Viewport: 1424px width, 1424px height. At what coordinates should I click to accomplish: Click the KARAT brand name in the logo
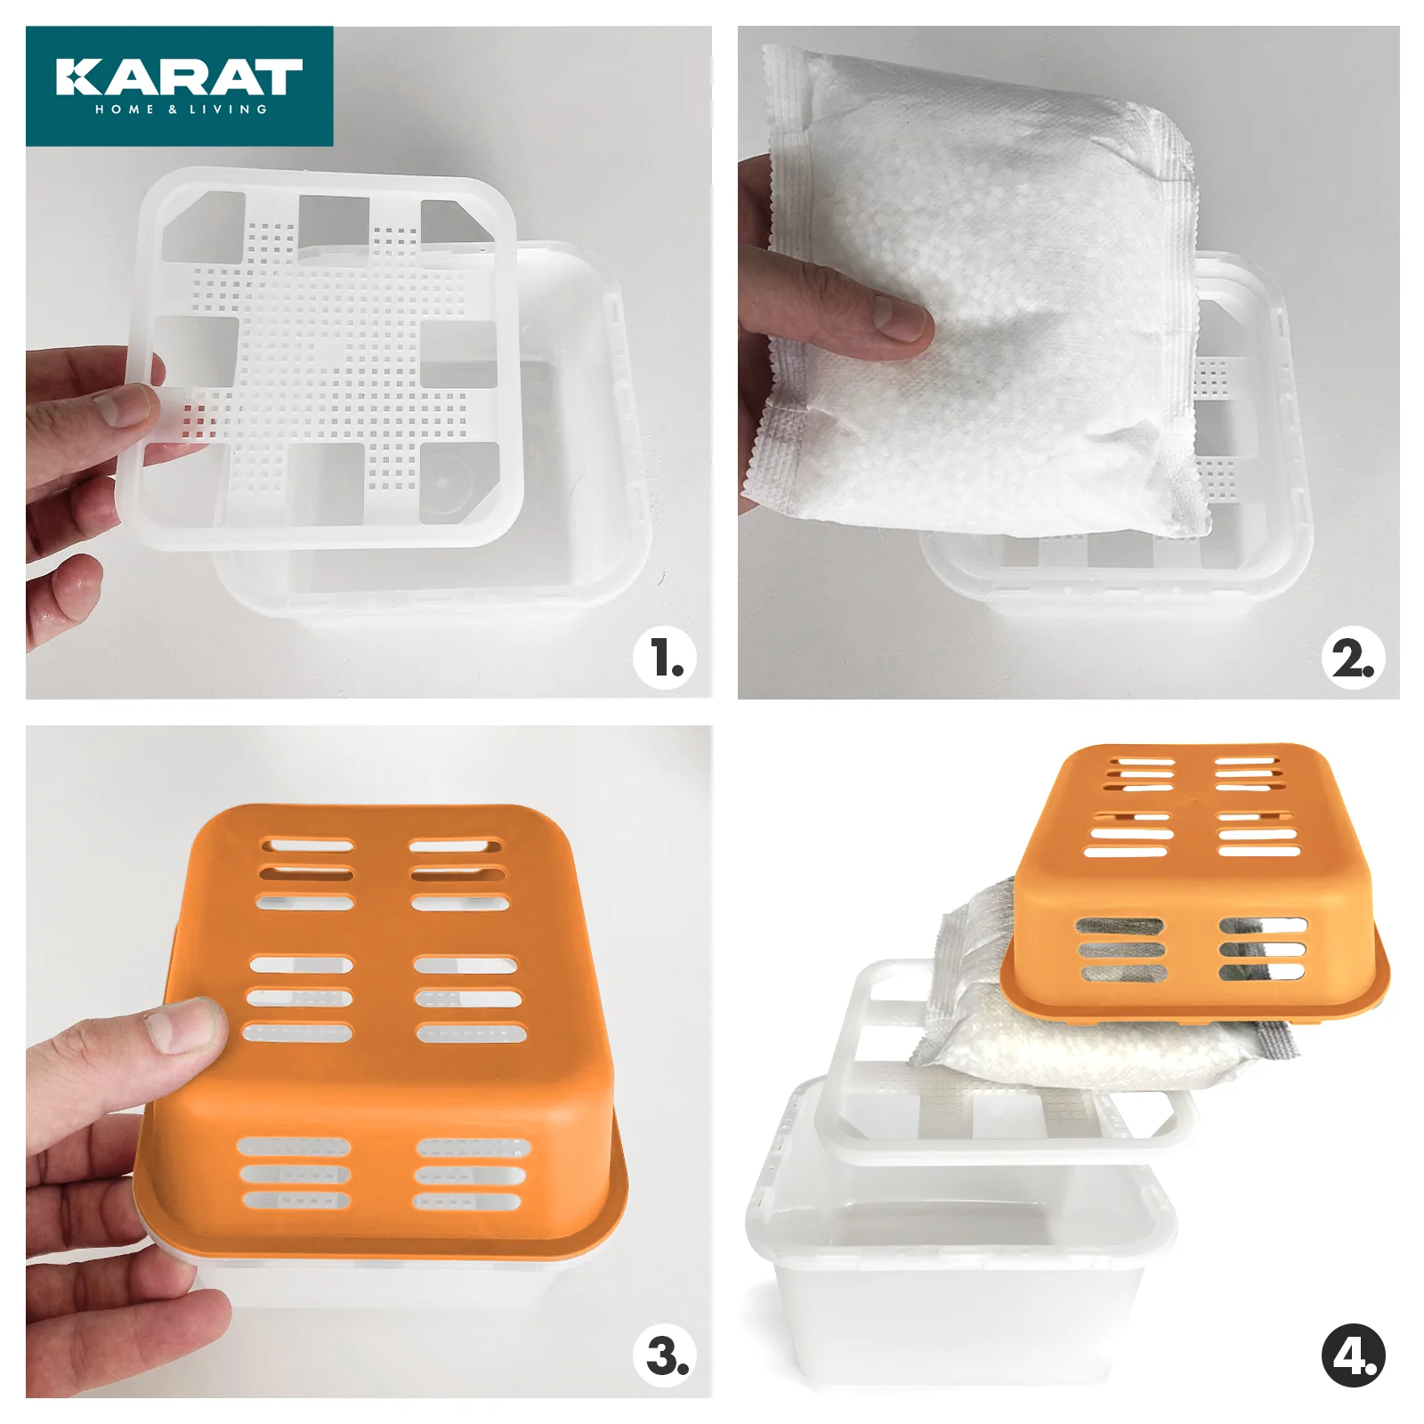[179, 77]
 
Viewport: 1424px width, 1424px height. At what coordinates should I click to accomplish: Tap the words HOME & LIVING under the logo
[182, 109]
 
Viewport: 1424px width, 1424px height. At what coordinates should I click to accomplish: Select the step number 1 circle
[665, 659]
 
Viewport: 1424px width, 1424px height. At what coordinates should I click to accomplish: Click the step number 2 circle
[1353, 659]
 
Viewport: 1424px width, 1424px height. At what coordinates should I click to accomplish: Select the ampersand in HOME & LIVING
[172, 109]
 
